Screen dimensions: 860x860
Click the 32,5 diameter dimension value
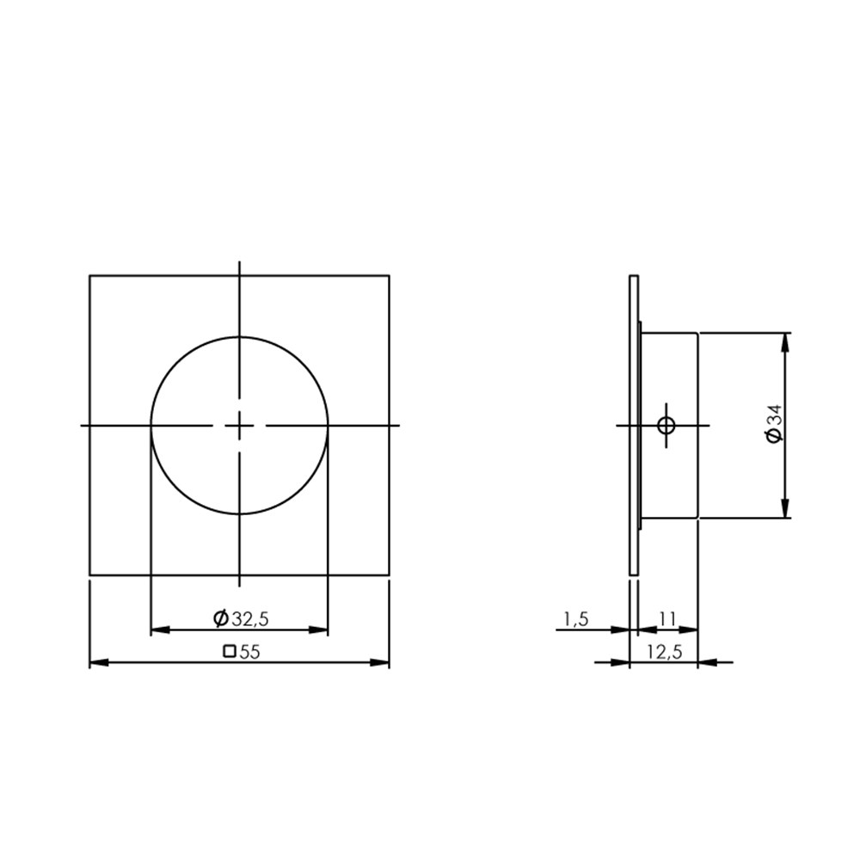click(250, 618)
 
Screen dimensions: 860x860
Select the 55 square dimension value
click(249, 652)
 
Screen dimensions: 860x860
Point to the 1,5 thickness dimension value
click(576, 619)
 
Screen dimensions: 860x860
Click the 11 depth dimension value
click(667, 619)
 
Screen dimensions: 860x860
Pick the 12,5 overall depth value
click(664, 652)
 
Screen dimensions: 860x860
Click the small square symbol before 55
click(230, 652)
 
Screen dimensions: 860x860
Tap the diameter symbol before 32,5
click(221, 618)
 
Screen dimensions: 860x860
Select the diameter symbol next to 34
click(775, 436)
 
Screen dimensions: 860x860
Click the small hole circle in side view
click(666, 425)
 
